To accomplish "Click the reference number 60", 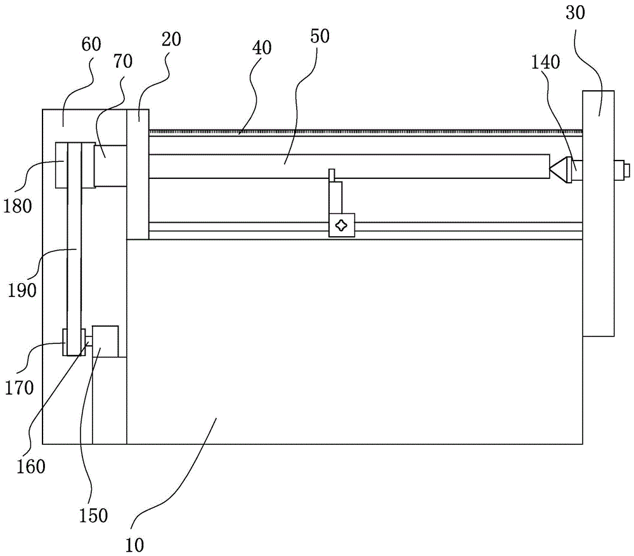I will pyautogui.click(x=91, y=45).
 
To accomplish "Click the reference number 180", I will pyautogui.click(x=18, y=207).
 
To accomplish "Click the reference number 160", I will pyautogui.click(x=32, y=467).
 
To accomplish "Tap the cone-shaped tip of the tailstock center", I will pyautogui.click(x=559, y=170).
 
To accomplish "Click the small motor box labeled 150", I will pyautogui.click(x=105, y=341).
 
